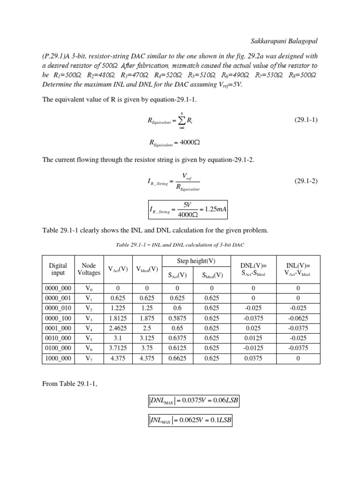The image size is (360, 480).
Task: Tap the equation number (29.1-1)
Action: click(x=306, y=120)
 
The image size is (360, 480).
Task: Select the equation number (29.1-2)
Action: click(x=306, y=181)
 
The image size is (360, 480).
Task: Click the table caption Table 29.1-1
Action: click(x=180, y=245)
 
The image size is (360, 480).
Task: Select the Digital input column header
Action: click(x=58, y=269)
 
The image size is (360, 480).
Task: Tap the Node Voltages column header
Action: click(x=89, y=269)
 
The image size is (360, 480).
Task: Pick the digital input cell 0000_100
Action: click(x=58, y=318)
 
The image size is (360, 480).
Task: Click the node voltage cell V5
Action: click(x=89, y=337)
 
